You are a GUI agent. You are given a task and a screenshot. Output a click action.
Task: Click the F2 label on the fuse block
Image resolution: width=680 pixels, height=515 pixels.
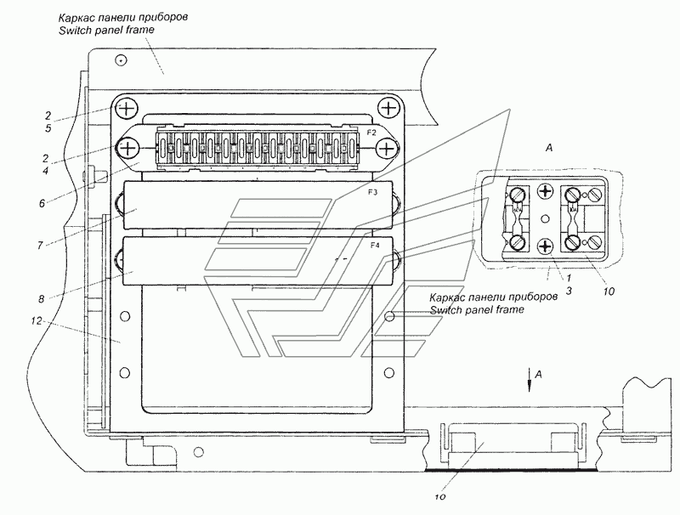click(x=371, y=133)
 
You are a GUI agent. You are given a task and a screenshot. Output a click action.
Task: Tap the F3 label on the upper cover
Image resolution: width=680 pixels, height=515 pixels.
click(x=373, y=193)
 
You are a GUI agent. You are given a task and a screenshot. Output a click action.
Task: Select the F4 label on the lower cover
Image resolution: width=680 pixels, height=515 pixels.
click(x=375, y=246)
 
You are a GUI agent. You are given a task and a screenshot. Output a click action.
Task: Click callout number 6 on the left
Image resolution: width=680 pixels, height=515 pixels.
click(x=42, y=203)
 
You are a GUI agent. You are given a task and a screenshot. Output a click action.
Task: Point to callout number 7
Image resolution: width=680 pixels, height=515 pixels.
click(x=40, y=246)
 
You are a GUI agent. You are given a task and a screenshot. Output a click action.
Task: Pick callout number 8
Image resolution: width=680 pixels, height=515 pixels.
click(x=41, y=298)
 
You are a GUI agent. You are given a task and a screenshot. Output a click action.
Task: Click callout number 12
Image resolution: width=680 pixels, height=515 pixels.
click(x=37, y=320)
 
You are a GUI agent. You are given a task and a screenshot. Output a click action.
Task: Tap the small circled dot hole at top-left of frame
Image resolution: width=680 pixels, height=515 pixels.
click(x=122, y=60)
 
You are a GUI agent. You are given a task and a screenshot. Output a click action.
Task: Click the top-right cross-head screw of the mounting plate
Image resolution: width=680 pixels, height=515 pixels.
click(x=388, y=108)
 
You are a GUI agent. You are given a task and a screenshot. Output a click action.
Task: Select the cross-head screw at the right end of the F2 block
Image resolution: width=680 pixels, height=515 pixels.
click(x=386, y=149)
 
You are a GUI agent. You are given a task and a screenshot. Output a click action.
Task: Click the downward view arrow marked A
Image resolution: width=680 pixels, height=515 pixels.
click(x=529, y=380)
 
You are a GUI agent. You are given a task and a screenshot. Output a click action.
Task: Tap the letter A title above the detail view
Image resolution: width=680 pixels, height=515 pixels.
click(x=549, y=148)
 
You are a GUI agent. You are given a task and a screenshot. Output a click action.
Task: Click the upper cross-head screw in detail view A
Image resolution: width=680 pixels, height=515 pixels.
click(x=546, y=190)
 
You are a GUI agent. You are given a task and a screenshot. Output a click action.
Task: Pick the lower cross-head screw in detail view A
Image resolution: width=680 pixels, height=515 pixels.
click(x=546, y=247)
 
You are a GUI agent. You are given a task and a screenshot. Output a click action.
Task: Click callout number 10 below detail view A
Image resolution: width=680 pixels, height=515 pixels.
click(x=609, y=291)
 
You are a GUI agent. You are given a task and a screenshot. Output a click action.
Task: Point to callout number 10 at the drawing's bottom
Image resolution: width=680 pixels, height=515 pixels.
click(x=440, y=497)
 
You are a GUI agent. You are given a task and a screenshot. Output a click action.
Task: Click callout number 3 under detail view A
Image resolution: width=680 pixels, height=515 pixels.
click(x=569, y=291)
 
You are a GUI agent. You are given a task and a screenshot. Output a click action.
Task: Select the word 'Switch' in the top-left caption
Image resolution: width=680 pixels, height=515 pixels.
click(x=72, y=30)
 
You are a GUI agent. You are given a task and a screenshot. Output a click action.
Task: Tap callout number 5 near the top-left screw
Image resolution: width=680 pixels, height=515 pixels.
click(x=48, y=129)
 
